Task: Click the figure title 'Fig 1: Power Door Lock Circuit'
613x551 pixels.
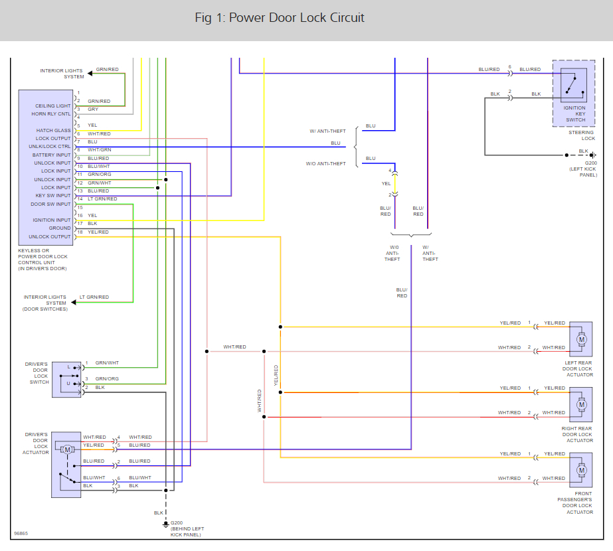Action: tap(280, 18)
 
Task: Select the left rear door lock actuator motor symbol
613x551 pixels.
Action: tap(581, 339)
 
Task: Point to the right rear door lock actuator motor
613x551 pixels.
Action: tap(581, 404)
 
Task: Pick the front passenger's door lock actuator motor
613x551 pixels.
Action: tap(581, 470)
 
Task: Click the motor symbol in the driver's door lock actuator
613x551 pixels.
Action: tap(67, 449)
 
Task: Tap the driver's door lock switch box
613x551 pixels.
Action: tap(66, 380)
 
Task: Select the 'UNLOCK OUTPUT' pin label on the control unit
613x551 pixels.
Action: tap(50, 237)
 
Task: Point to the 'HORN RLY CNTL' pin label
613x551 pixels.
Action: tap(51, 114)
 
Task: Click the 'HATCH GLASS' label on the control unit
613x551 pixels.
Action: tap(54, 131)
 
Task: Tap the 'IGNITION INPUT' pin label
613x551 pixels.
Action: tap(52, 220)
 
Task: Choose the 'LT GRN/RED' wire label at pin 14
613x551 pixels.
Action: tap(102, 199)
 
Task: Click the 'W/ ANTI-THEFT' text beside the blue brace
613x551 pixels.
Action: tap(327, 131)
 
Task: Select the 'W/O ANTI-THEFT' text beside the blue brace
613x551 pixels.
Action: tap(325, 164)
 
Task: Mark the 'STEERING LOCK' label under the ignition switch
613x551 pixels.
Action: tap(582, 135)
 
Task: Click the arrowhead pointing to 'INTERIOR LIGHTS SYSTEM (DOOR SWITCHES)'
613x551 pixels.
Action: tap(74, 303)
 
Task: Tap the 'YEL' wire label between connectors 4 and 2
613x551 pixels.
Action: tap(387, 184)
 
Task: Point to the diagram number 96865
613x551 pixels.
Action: tap(21, 534)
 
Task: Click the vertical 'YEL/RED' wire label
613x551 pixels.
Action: tap(276, 375)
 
